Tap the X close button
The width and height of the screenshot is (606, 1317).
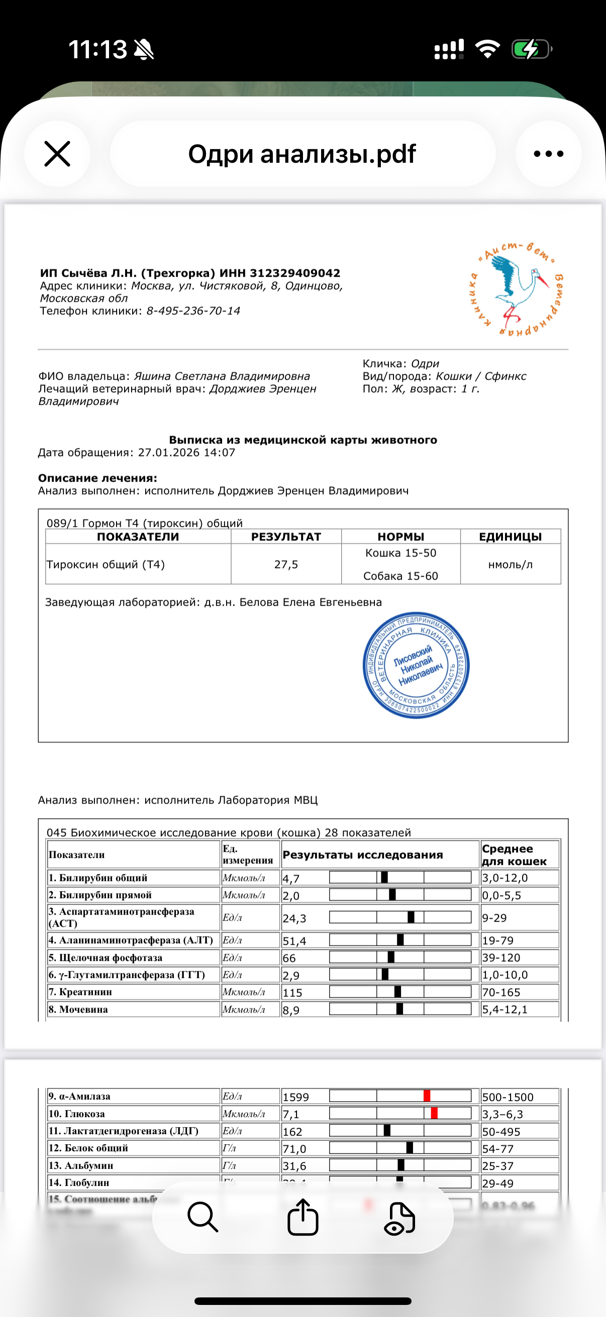click(x=57, y=154)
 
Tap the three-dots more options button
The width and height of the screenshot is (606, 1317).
click(x=548, y=154)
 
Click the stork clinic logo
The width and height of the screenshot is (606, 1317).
click(x=516, y=289)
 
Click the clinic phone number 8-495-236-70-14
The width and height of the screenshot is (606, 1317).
click(x=193, y=311)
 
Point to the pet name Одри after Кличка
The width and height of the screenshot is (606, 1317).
click(x=425, y=364)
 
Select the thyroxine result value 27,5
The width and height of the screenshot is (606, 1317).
click(x=286, y=565)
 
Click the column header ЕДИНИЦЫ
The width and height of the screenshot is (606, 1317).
click(x=510, y=537)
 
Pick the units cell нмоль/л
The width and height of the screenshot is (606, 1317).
click(x=510, y=565)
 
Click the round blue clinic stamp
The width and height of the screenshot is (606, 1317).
click(x=416, y=665)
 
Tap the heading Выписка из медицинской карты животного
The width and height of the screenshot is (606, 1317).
click(x=302, y=440)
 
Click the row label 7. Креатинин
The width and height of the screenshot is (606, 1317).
click(x=80, y=992)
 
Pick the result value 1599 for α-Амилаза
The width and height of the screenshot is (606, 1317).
click(x=295, y=1097)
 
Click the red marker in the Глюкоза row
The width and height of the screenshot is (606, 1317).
click(x=434, y=1113)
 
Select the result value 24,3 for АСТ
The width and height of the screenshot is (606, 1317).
click(x=294, y=918)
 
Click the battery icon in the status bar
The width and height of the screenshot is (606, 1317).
click(x=531, y=50)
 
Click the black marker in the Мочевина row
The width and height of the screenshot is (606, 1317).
click(x=399, y=1009)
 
